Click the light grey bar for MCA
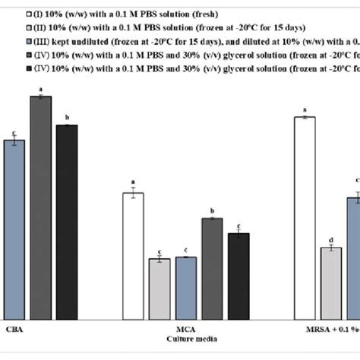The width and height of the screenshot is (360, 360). [159, 289]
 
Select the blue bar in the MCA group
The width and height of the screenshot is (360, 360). [185, 288]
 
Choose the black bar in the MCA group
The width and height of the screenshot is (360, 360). [238, 276]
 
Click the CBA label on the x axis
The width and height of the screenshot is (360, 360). [14, 329]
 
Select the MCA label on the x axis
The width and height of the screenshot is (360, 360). [185, 329]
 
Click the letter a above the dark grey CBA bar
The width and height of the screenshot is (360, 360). [40, 89]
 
